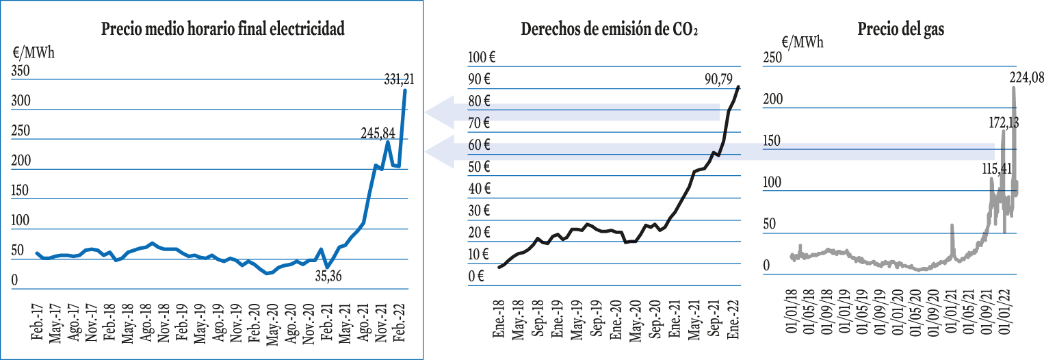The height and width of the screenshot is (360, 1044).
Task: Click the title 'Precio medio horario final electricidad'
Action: (x=223, y=29)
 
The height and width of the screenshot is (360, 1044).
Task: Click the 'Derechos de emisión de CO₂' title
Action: (x=609, y=29)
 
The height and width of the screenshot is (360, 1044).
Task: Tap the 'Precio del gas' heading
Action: (x=901, y=29)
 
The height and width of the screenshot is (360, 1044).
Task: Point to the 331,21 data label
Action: (x=399, y=80)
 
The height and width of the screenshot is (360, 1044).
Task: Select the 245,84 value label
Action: (x=378, y=133)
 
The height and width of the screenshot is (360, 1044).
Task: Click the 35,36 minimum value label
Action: (x=328, y=276)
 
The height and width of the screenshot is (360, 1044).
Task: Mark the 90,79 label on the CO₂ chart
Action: (x=718, y=79)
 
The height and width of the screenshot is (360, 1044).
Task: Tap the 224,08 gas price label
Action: (x=1027, y=77)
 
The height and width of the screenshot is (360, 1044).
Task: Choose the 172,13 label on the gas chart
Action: (x=1004, y=123)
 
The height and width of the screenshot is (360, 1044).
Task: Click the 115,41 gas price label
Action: (x=997, y=168)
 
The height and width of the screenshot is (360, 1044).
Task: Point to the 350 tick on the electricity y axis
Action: (x=20, y=71)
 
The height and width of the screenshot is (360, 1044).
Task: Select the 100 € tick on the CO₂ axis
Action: (x=482, y=57)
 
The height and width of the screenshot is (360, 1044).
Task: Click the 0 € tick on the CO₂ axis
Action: (x=476, y=276)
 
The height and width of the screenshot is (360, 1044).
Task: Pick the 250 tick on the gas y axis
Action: (x=772, y=57)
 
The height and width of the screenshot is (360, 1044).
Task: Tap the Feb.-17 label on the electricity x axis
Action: (x=37, y=322)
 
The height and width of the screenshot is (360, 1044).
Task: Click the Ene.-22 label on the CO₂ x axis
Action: (x=733, y=320)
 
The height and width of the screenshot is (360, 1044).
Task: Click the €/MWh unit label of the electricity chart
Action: (x=34, y=53)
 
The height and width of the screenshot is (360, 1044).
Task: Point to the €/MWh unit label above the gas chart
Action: (x=802, y=42)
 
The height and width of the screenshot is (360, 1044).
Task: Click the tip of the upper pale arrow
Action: (x=425, y=112)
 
